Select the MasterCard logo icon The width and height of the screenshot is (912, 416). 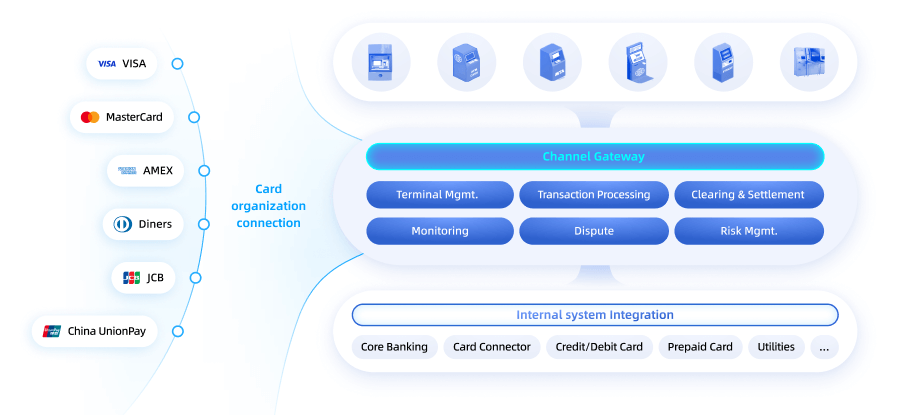[x=90, y=117]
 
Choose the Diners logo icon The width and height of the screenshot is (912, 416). [x=123, y=224]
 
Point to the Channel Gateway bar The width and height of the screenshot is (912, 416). [x=594, y=157]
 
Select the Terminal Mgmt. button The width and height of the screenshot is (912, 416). [x=437, y=195]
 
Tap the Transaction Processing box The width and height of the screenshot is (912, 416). [x=594, y=195]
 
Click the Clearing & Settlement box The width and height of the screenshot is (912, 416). [x=749, y=195]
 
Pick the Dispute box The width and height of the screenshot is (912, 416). [x=594, y=231]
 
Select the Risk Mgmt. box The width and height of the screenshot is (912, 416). [x=749, y=231]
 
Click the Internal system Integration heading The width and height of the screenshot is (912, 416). [x=594, y=315]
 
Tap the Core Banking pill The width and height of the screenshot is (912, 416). [x=394, y=347]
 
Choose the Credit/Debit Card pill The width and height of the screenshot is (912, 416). [x=599, y=347]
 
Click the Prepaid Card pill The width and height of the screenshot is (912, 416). [x=700, y=347]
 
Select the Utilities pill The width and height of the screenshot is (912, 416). [x=776, y=347]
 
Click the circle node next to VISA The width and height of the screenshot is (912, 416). [x=177, y=64]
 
